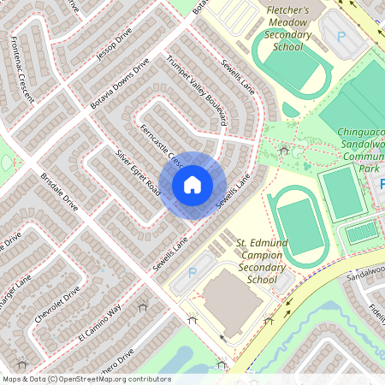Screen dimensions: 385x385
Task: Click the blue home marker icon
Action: [192, 184]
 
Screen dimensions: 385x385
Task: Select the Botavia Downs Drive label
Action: [120, 83]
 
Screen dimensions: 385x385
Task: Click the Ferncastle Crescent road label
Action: [160, 144]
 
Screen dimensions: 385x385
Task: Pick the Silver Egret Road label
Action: [137, 171]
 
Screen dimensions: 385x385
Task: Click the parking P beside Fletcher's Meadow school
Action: [341, 37]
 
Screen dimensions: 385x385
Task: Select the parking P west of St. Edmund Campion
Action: [192, 272]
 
